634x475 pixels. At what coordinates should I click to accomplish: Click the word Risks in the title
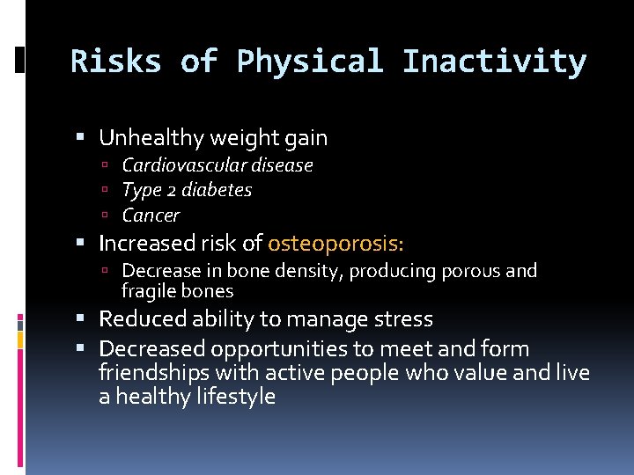point(114,62)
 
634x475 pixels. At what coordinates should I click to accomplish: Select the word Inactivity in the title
point(494,62)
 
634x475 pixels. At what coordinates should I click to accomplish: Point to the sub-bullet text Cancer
point(151,216)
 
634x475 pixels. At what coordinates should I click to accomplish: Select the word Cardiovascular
point(181,165)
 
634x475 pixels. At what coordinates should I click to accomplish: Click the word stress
point(401,318)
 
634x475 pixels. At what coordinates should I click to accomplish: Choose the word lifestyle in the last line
point(232,397)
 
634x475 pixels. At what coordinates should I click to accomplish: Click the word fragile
point(147,291)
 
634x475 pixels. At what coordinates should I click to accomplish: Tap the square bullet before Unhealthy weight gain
point(81,138)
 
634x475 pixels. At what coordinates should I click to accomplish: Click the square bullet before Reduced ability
point(81,318)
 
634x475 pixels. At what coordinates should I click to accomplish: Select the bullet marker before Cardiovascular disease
point(105,165)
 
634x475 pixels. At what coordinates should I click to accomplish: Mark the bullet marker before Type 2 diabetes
point(105,190)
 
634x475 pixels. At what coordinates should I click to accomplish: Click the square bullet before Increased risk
point(81,243)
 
